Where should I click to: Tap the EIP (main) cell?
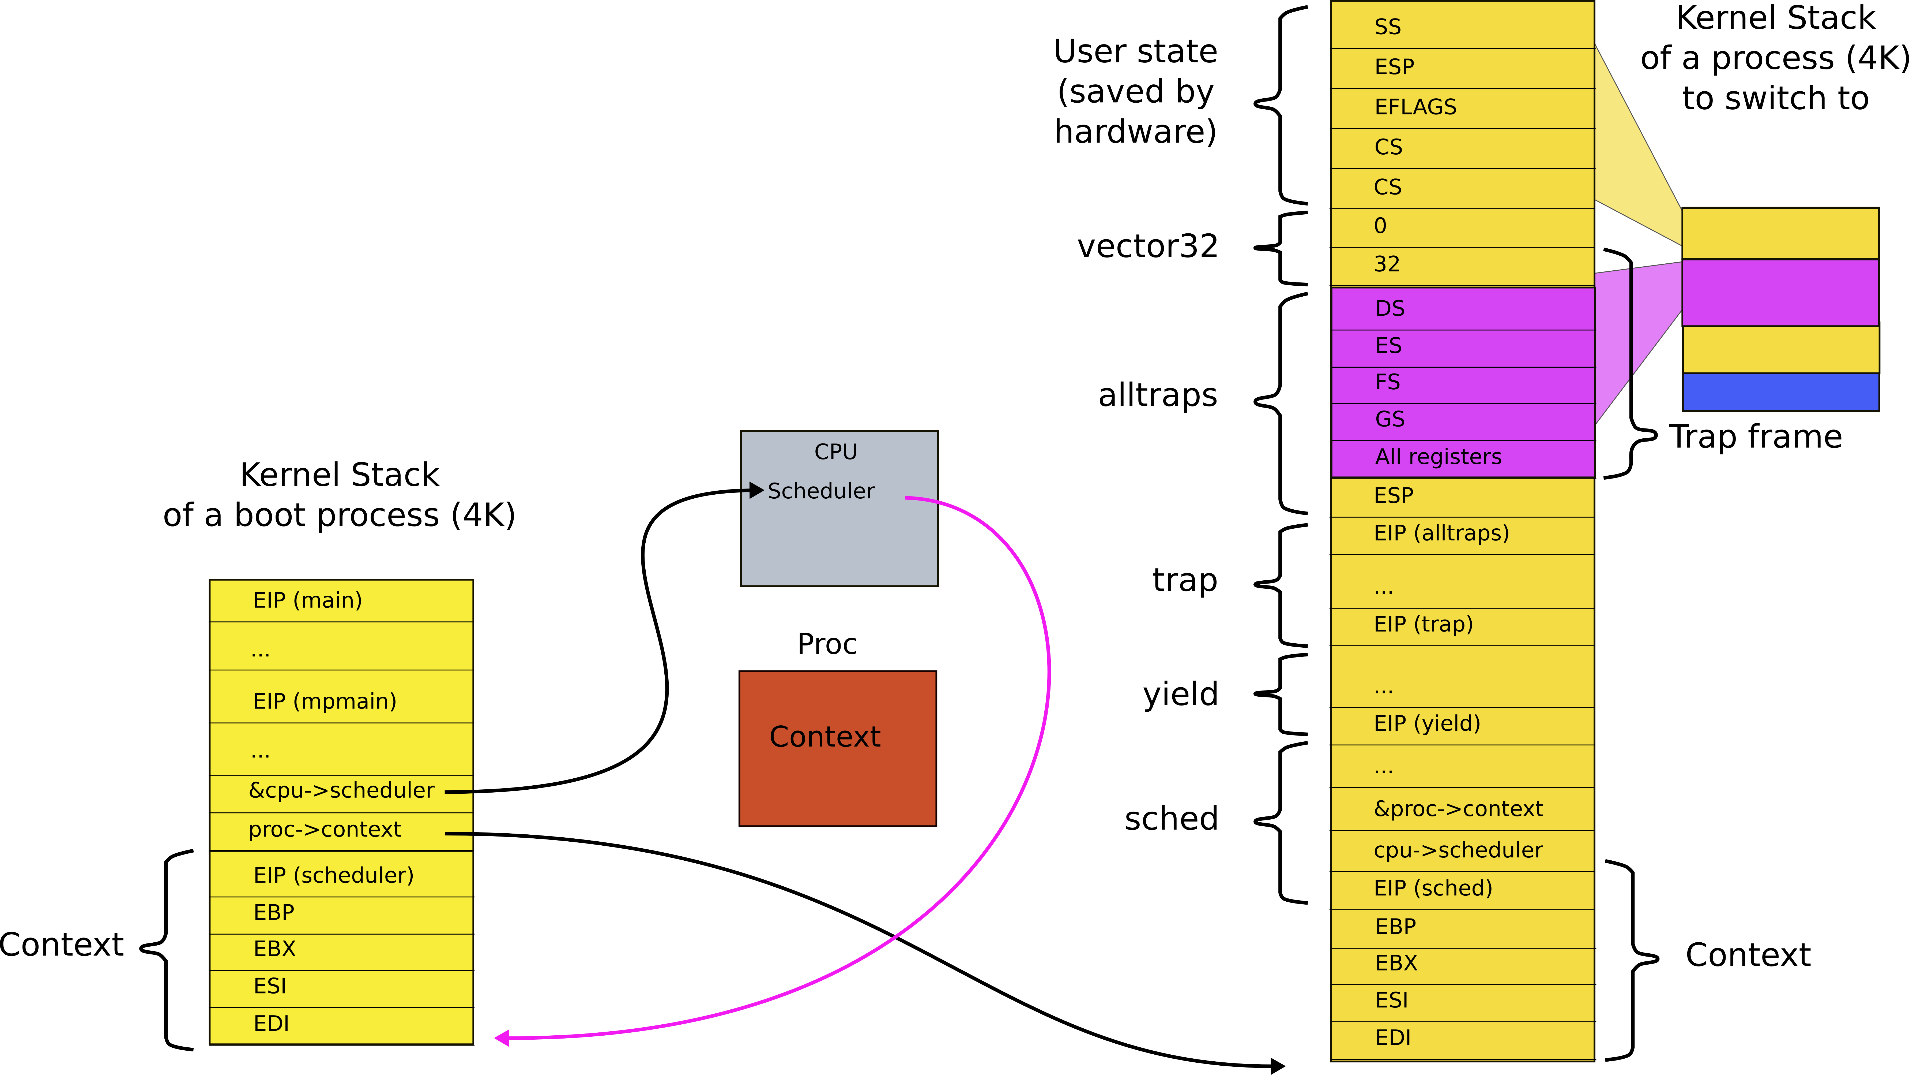click(x=341, y=600)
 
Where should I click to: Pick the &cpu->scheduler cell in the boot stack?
click(x=341, y=791)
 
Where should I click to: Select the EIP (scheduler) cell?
click(x=341, y=876)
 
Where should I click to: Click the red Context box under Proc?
click(x=837, y=749)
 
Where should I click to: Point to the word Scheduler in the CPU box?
click(x=820, y=491)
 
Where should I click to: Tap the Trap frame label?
click(x=1755, y=437)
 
